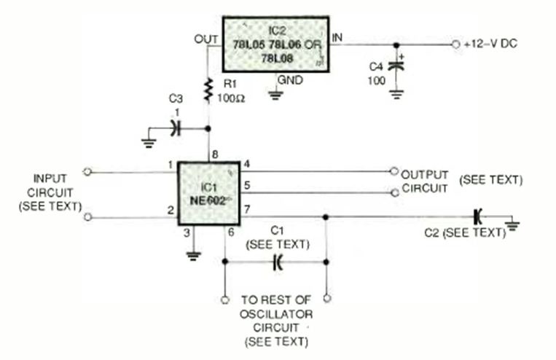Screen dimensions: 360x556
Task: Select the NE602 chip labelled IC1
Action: (210, 194)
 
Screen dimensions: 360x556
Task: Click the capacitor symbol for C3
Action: (173, 128)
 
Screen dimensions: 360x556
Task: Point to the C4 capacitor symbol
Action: (397, 65)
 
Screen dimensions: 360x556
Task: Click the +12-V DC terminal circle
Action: (455, 44)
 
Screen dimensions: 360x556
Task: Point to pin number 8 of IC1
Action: (213, 154)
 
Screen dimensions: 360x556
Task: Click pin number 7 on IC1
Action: (247, 210)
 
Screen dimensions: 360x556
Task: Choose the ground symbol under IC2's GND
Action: (275, 94)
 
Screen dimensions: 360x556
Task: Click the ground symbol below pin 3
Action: (192, 254)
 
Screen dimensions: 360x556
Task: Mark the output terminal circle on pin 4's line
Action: (394, 173)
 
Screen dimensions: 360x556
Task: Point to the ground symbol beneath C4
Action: (397, 93)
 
